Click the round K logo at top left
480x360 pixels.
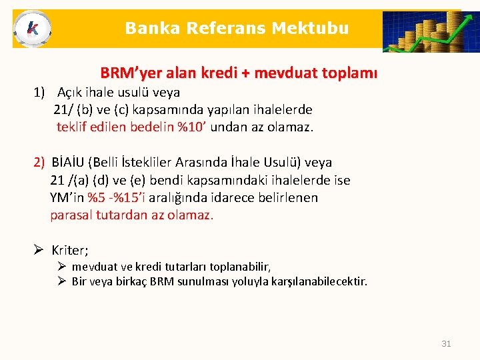click(x=31, y=29)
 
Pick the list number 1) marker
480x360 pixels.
click(x=41, y=92)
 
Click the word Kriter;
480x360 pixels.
click(x=70, y=251)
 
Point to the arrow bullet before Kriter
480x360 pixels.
click(x=39, y=250)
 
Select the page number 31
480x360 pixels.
click(x=446, y=343)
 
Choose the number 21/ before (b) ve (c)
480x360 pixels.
click(x=64, y=109)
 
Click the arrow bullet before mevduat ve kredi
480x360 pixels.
click(x=61, y=267)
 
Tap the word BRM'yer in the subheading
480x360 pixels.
click(x=127, y=72)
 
